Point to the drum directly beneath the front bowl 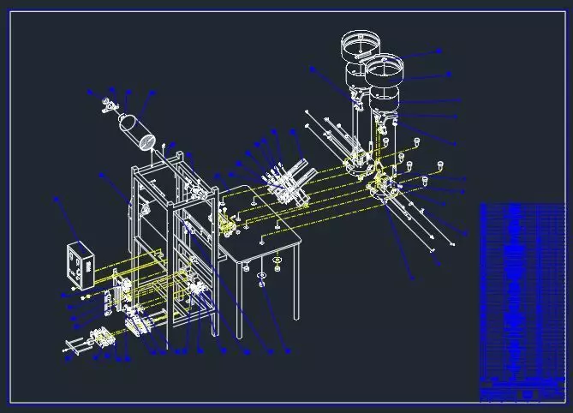tap(385, 99)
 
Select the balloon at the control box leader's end tap(57, 199)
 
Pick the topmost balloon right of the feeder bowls tap(439, 51)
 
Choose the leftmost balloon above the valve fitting tap(90, 90)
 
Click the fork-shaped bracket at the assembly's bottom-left tap(76, 347)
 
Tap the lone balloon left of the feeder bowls tap(313, 69)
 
